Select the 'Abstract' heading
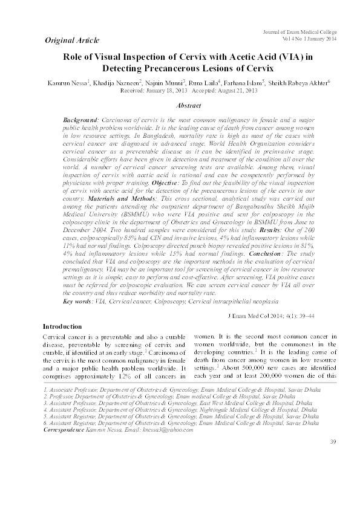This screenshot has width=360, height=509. coord(188,106)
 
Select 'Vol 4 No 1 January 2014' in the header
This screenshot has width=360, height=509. coord(309,38)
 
